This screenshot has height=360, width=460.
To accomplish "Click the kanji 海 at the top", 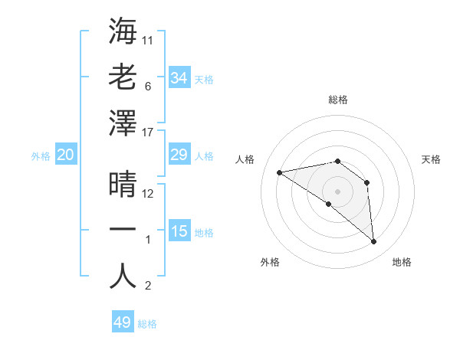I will [x=123, y=31].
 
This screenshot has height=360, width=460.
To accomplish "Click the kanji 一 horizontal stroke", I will [x=123, y=229].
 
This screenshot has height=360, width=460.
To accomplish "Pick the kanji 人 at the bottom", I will [x=123, y=276].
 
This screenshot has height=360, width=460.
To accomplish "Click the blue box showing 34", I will [x=179, y=77].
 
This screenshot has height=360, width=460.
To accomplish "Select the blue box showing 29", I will [x=179, y=155].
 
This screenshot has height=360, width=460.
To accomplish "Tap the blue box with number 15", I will [x=179, y=231].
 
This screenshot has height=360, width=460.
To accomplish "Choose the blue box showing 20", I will [x=65, y=155].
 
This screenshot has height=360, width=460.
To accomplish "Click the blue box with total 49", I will [x=122, y=322].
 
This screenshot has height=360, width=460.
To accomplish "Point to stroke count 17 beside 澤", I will [x=149, y=133].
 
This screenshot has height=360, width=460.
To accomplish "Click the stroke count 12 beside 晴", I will [x=149, y=194].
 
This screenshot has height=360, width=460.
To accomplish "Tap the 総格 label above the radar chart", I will [x=337, y=100].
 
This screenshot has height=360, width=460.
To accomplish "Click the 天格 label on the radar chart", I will [x=431, y=159].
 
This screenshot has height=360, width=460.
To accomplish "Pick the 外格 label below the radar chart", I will [x=270, y=262].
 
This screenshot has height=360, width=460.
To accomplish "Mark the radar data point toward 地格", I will [x=373, y=242].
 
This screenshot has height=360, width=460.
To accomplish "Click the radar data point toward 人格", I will [x=280, y=172].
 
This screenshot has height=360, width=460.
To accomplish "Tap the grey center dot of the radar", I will [x=337, y=191].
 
